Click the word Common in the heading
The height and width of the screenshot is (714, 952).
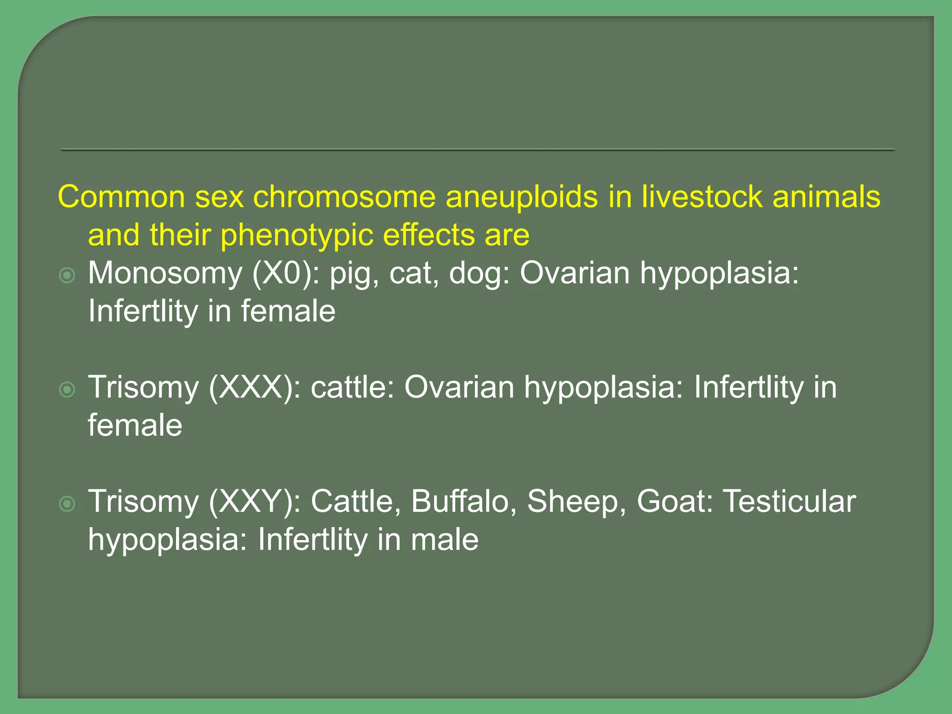tap(121, 197)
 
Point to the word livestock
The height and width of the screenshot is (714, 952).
tap(702, 197)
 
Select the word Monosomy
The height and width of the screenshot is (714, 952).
tap(165, 273)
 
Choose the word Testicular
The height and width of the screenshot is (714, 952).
tap(790, 502)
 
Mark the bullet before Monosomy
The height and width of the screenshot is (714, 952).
tap(68, 276)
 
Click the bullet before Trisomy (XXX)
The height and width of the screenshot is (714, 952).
tap(68, 390)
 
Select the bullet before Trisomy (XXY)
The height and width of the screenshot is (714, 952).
tap(68, 504)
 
